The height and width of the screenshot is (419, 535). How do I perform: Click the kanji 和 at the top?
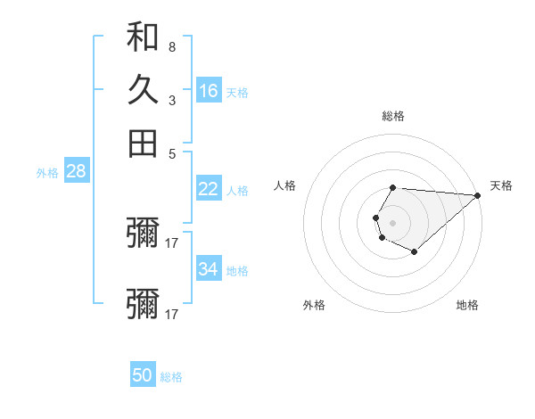143,37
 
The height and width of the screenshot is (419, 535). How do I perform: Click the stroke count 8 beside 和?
172,46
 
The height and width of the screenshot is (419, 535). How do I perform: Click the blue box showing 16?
209,91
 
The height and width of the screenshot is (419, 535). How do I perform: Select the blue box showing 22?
209,188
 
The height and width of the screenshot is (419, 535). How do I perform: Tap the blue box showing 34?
209,269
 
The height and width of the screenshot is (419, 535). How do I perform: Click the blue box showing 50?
143,375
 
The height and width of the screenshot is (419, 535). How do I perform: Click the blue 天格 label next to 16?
237,93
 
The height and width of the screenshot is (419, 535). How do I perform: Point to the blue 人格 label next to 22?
237,190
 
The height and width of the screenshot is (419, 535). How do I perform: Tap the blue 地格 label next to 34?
237,271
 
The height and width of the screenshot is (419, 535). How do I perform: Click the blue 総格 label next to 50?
171,377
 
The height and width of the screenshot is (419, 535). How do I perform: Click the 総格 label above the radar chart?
393,116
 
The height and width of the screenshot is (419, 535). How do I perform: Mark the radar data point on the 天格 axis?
478,195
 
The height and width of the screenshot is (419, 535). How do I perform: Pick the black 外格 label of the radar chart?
314,305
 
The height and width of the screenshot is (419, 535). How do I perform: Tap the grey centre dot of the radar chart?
392,221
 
